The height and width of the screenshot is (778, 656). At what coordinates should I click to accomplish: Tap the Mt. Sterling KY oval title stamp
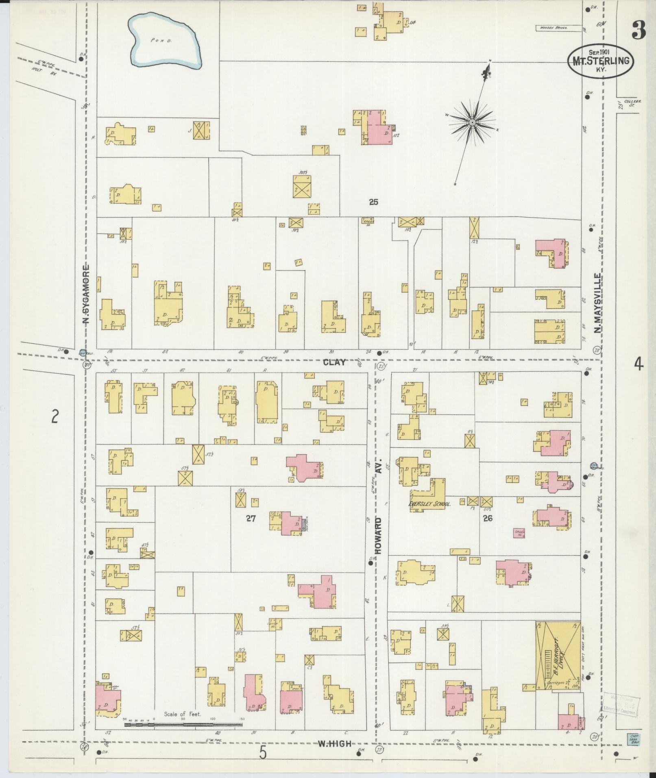pos(600,61)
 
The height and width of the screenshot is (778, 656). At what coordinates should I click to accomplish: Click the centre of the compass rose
pos(473,122)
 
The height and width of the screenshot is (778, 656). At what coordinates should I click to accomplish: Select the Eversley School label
pos(430,504)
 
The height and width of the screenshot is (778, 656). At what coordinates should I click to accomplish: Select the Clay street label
pos(334,362)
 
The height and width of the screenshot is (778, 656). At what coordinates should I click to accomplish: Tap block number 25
pos(373,202)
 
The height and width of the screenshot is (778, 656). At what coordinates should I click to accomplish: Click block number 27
pos(251,518)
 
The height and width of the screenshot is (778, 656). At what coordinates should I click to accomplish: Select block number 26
pos(488,518)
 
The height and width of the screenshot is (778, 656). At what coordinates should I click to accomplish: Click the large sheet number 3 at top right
pos(639,31)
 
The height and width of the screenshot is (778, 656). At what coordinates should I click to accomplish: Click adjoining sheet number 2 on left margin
pos(55,416)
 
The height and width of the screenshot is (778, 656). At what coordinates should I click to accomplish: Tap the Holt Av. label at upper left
pos(40,69)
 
